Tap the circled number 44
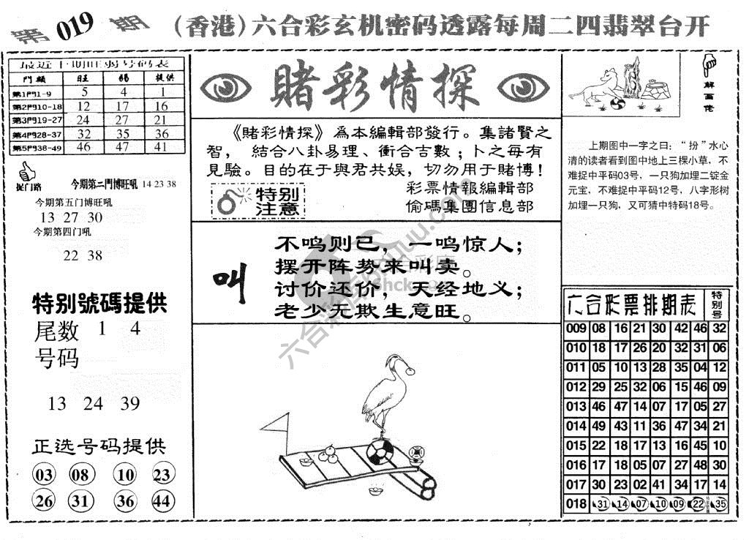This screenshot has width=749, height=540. [x=162, y=501]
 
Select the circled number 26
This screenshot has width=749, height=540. [x=45, y=501]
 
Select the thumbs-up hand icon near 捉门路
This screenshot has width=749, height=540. [x=26, y=173]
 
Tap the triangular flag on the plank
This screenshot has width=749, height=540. [x=276, y=424]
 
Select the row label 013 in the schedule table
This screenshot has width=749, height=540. [x=576, y=407]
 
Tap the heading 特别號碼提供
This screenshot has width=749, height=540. [x=99, y=303]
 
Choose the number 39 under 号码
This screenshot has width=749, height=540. [x=130, y=403]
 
